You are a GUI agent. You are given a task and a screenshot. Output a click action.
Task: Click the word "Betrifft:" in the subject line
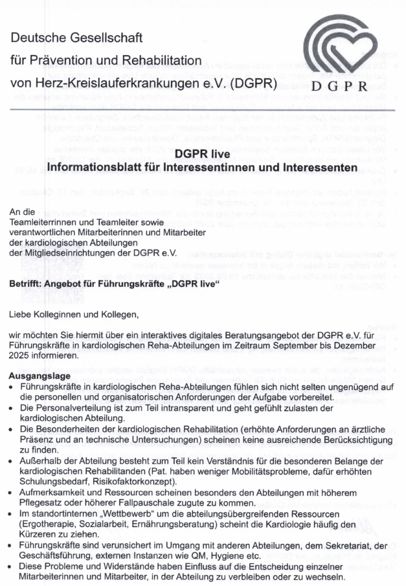27,267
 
